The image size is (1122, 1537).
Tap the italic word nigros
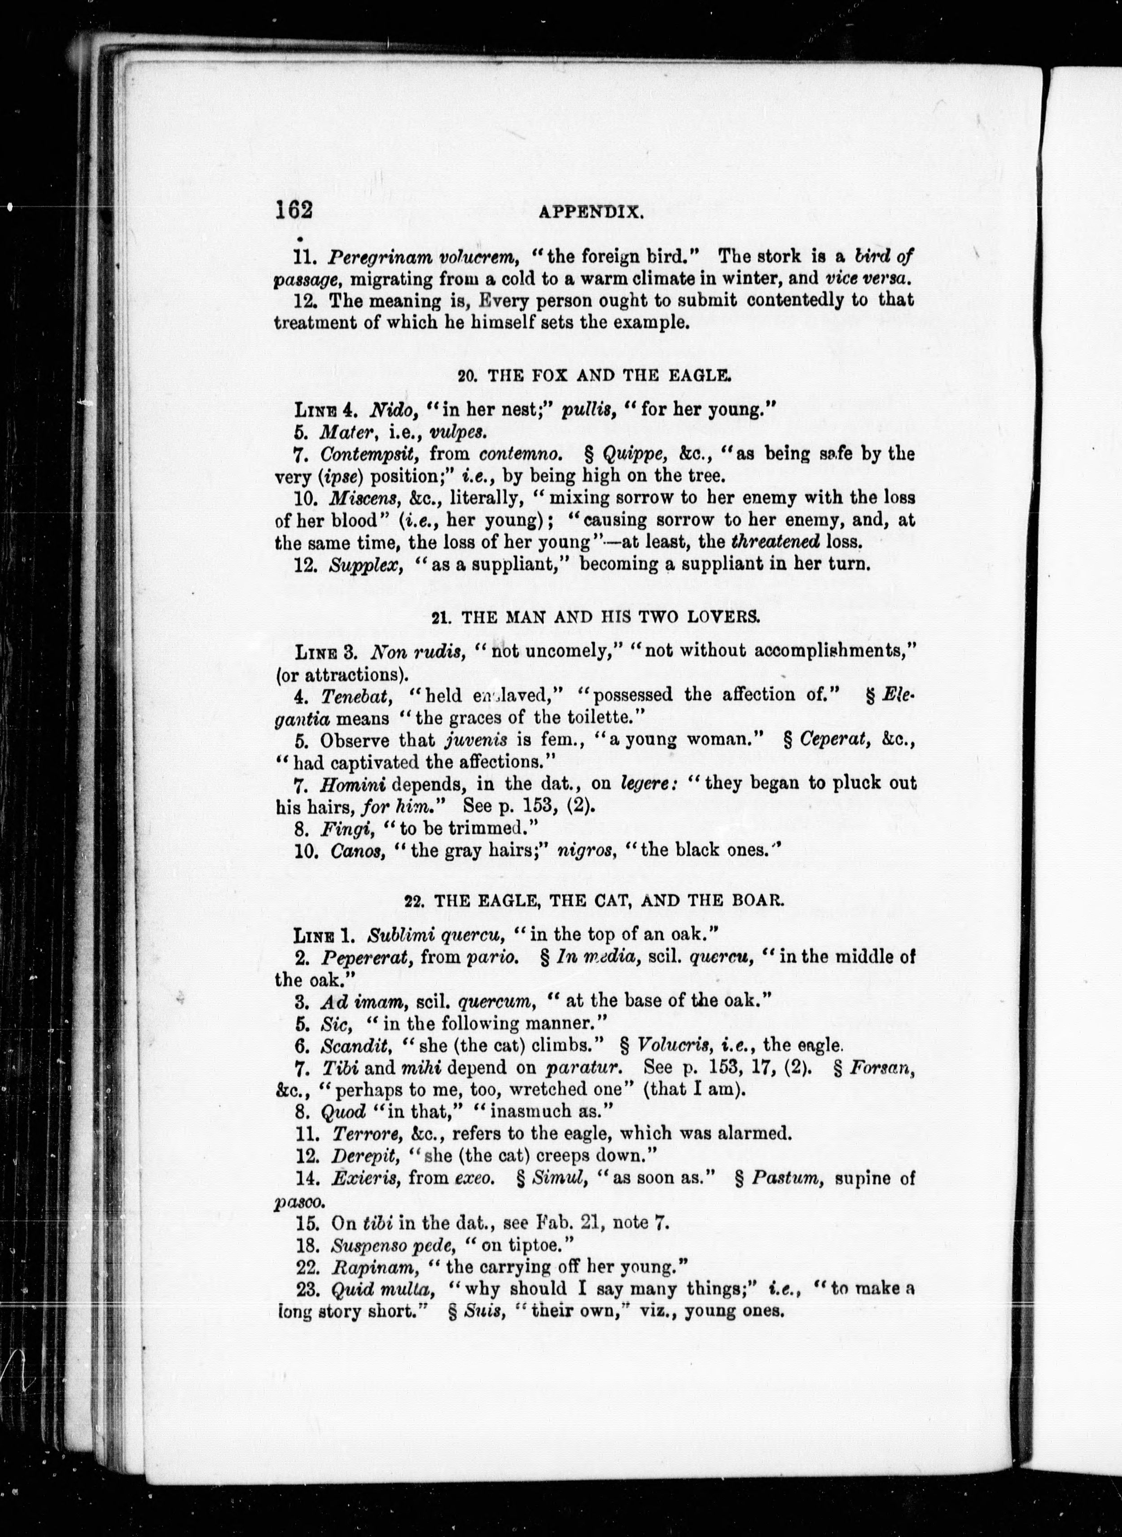point(582,850)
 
